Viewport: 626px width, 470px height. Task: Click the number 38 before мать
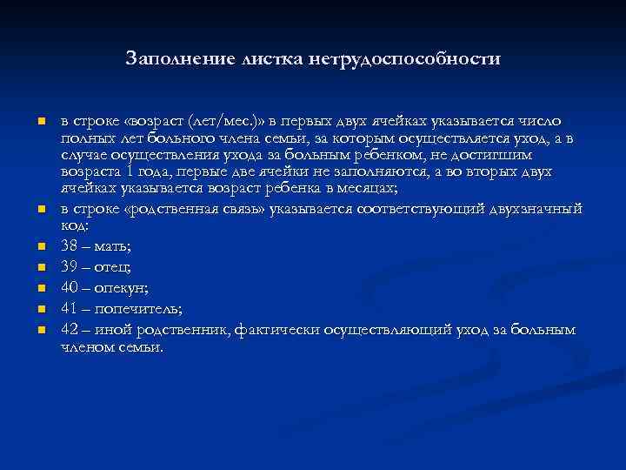[70, 245]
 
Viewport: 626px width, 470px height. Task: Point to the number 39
[70, 266]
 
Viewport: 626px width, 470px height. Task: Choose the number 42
[70, 329]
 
